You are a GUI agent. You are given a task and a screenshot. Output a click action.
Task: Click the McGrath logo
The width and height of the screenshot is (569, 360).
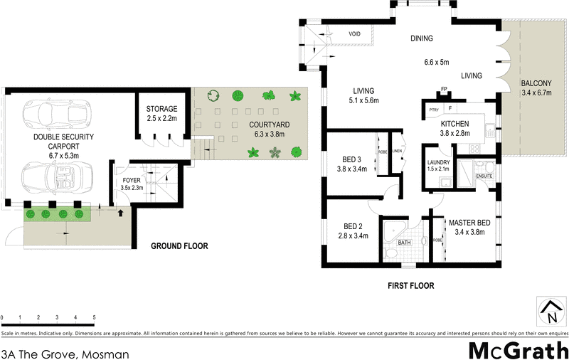(518, 350)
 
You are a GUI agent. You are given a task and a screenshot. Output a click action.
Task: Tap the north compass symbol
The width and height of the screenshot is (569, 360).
(551, 312)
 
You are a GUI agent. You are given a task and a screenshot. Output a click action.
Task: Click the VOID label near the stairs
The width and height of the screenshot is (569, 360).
(355, 34)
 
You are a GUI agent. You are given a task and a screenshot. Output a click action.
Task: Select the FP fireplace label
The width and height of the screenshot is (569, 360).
(443, 90)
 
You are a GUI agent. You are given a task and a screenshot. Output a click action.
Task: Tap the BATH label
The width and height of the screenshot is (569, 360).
(404, 243)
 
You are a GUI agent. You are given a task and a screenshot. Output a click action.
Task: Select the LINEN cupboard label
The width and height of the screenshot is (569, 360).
(397, 151)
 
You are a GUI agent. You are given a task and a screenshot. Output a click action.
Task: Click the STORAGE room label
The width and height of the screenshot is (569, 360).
(162, 109)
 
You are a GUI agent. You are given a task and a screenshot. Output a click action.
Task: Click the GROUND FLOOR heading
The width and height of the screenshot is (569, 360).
(179, 247)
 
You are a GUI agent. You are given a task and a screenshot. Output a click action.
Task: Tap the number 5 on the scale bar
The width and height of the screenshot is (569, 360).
(94, 317)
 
